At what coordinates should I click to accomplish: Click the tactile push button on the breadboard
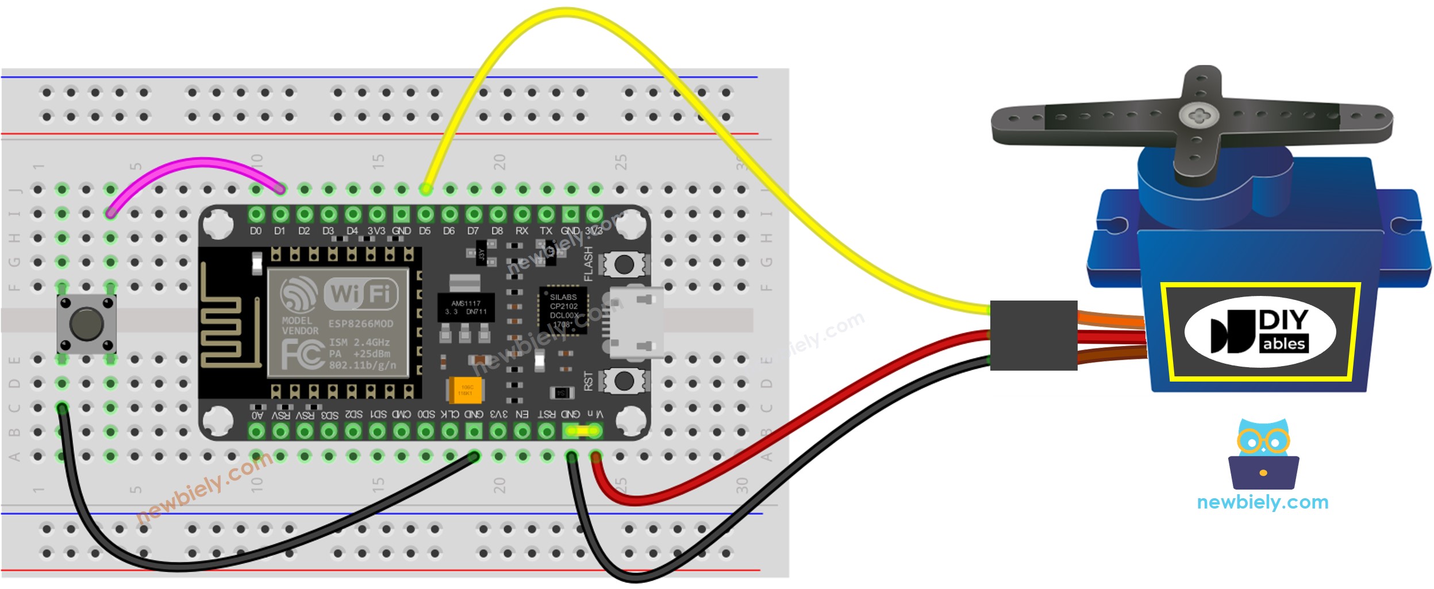click(x=86, y=324)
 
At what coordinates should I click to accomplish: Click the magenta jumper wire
click(x=195, y=164)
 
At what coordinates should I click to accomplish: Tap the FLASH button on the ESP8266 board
click(x=624, y=265)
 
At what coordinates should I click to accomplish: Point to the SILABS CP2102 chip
click(x=563, y=310)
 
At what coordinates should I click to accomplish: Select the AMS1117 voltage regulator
click(x=465, y=307)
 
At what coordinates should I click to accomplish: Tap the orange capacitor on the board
click(x=464, y=390)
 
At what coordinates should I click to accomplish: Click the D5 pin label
click(x=425, y=231)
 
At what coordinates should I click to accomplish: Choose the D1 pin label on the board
click(x=279, y=231)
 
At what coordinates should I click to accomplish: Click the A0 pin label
click(x=257, y=414)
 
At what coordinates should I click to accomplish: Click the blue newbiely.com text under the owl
click(x=1262, y=502)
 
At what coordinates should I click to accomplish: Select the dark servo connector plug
click(x=1033, y=334)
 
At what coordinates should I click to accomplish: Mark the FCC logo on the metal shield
click(x=302, y=353)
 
